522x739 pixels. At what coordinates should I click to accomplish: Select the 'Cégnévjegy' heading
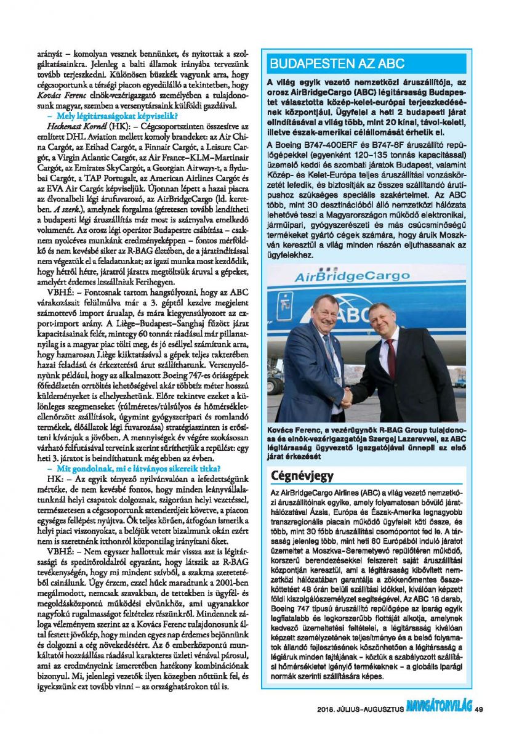tap(302, 476)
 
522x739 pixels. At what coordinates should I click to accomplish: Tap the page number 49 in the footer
tap(479, 709)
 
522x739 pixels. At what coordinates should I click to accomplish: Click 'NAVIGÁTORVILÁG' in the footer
tap(437, 709)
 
